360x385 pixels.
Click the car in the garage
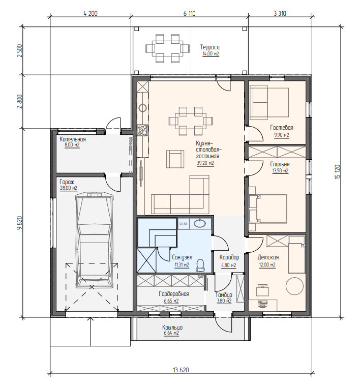click(x=95, y=240)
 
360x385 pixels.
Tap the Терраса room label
click(x=210, y=47)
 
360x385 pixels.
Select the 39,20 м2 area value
click(x=205, y=163)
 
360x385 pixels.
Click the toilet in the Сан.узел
click(x=200, y=265)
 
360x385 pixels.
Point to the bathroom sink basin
click(x=199, y=223)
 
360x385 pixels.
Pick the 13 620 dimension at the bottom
click(x=181, y=370)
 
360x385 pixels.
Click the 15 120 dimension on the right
click(x=338, y=171)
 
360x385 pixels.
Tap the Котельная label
click(x=73, y=139)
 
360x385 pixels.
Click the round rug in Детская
click(x=294, y=286)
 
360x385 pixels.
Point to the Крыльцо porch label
click(x=172, y=328)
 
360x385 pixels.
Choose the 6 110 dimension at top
click(x=190, y=13)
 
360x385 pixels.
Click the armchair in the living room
click(x=175, y=159)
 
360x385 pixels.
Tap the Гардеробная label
click(x=174, y=293)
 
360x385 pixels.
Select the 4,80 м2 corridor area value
click(x=228, y=265)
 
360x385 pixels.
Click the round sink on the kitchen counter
click(x=142, y=108)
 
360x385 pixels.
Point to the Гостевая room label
click(x=282, y=128)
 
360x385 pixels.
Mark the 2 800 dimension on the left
click(x=20, y=101)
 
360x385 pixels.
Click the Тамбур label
click(x=224, y=295)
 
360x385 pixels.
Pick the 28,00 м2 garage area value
click(x=69, y=188)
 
